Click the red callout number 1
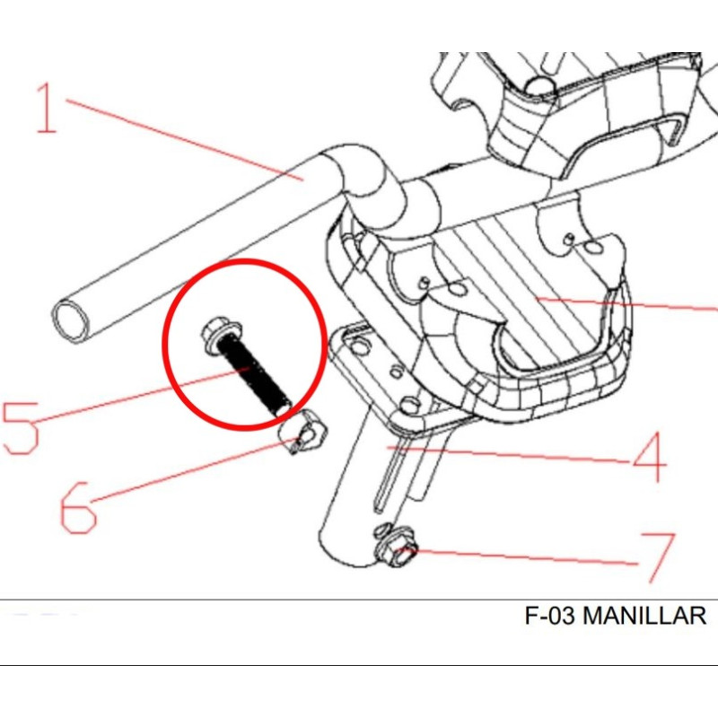(47, 108)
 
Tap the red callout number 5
(21, 428)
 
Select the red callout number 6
(78, 507)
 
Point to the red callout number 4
(649, 457)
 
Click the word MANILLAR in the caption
(644, 616)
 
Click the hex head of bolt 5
(222, 333)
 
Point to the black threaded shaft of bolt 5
(253, 373)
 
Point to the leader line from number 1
(185, 140)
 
